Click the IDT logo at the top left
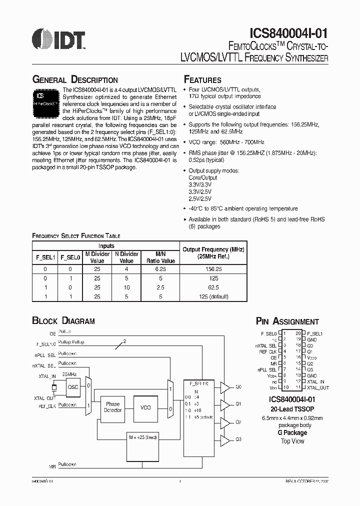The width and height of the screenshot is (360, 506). [x=57, y=39]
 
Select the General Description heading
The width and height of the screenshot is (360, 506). [x=75, y=80]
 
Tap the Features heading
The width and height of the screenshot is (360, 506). [x=202, y=80]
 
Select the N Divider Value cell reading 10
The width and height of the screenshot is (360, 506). [x=127, y=287]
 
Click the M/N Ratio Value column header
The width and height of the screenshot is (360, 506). [x=160, y=257]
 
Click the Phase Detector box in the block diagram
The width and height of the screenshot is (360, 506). [x=112, y=407]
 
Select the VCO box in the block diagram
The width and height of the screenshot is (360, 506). [x=145, y=407]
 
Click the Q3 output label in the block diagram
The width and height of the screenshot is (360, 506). [x=238, y=439]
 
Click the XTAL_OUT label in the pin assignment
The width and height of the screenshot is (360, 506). [x=318, y=387]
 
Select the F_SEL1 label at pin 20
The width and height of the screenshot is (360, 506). [x=315, y=333]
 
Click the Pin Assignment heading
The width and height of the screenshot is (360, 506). [x=287, y=321]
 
